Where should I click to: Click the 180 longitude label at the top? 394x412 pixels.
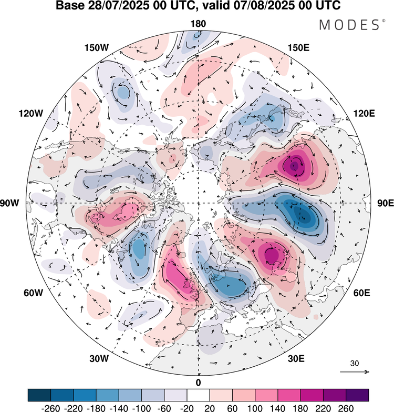[198, 23]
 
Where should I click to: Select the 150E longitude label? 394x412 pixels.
[299, 48]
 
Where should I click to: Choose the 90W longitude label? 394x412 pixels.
[17, 203]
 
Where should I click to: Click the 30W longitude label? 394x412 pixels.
[98, 359]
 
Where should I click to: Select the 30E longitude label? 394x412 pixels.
[297, 359]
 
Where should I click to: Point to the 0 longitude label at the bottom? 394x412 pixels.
[198, 382]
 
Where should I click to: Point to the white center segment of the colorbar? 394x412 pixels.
[198, 395]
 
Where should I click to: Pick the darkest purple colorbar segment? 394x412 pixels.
[357, 395]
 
